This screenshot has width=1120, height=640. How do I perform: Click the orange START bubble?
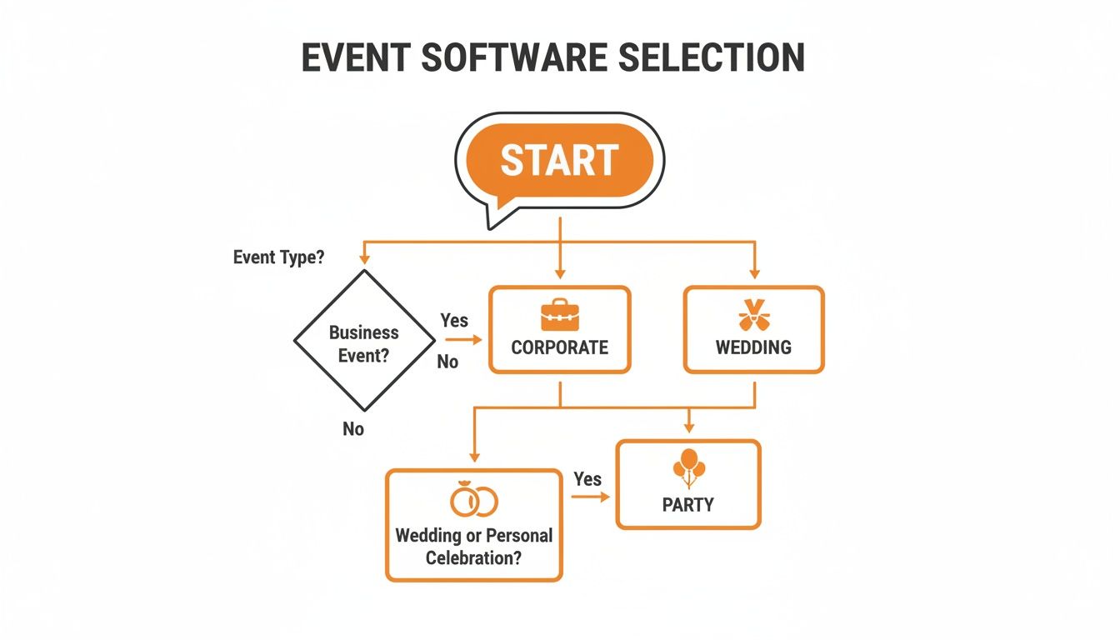pyautogui.click(x=559, y=161)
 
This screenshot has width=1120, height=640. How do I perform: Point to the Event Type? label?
pyautogui.click(x=278, y=257)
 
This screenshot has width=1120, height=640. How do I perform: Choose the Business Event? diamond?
pyautogui.click(x=364, y=341)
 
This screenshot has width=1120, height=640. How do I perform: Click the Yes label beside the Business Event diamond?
pyautogui.click(x=454, y=320)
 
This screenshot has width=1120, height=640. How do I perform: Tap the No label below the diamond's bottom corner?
pyautogui.click(x=353, y=429)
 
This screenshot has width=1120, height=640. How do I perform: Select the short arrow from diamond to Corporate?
pyautogui.click(x=463, y=340)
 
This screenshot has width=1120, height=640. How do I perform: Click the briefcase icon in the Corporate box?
pyautogui.click(x=559, y=315)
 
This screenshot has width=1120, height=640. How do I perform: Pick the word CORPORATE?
pyautogui.click(x=559, y=347)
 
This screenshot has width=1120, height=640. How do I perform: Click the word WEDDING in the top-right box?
pyautogui.click(x=753, y=347)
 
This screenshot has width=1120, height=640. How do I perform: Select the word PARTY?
pyautogui.click(x=688, y=505)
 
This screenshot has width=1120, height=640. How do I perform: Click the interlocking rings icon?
pyautogui.click(x=473, y=500)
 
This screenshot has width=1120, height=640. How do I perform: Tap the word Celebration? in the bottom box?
pyautogui.click(x=473, y=557)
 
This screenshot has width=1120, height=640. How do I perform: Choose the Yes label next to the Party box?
pyautogui.click(x=587, y=479)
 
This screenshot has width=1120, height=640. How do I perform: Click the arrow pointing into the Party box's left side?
pyautogui.click(x=592, y=497)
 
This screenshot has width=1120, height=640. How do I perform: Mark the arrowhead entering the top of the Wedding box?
pyautogui.click(x=754, y=273)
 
